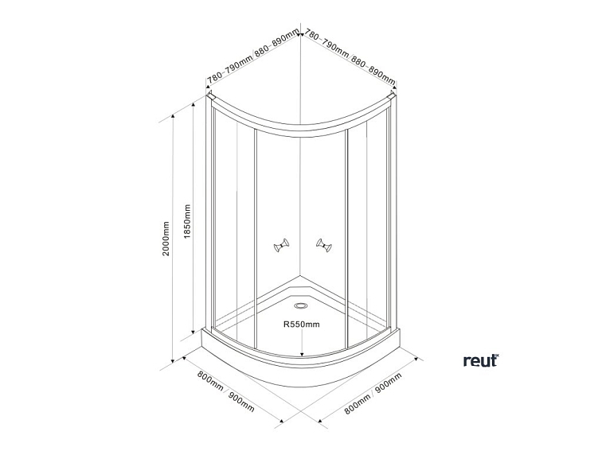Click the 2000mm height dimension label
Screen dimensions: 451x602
tap(165, 238)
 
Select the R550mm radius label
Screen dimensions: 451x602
tap(301, 324)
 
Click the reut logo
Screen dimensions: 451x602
tap(480, 360)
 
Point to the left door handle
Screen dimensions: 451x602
tap(281, 247)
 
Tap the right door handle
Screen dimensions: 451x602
tap(322, 246)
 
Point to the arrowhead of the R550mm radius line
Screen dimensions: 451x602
tap(301, 353)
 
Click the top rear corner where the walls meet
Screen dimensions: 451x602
tap(301, 33)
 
